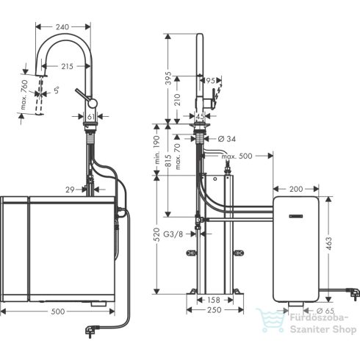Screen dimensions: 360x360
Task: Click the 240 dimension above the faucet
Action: pos(62,27)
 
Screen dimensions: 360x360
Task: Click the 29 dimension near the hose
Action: pos(71,190)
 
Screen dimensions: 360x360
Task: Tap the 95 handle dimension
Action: pos(211,80)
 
